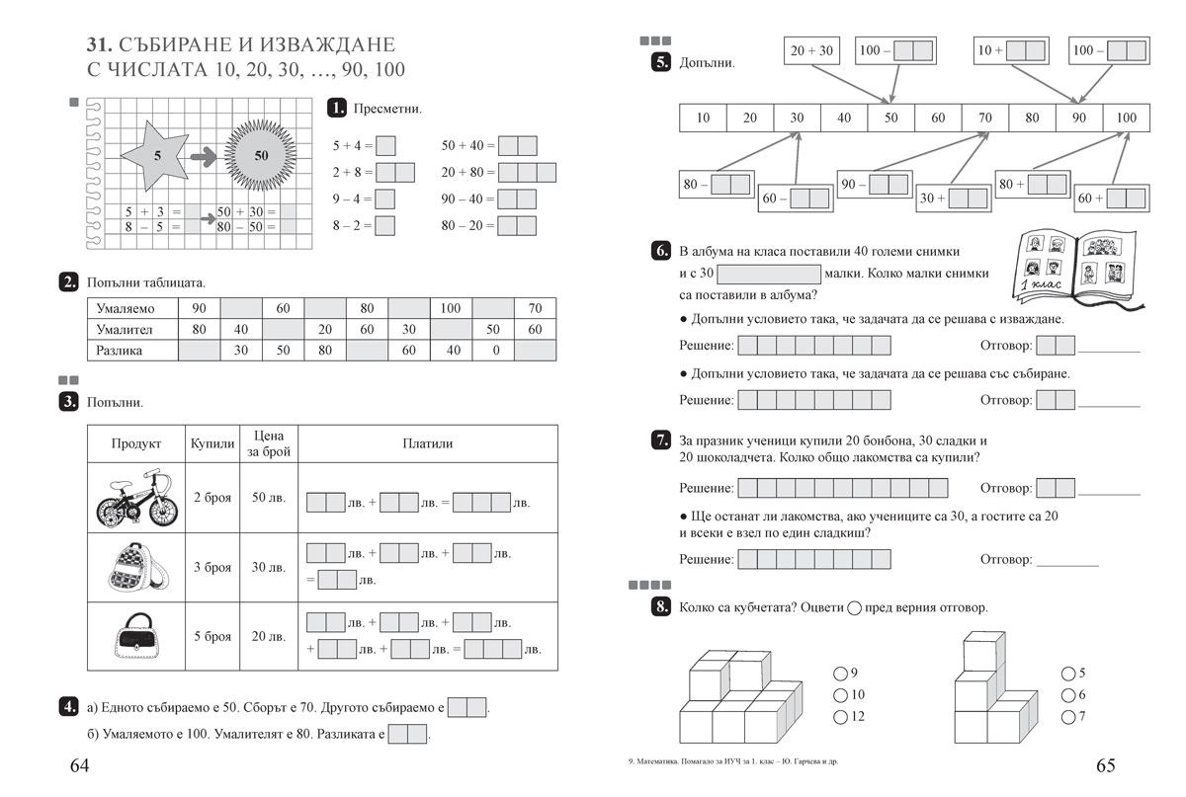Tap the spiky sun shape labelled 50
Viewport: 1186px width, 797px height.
(x=260, y=155)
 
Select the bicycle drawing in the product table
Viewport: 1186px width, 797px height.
(x=136, y=499)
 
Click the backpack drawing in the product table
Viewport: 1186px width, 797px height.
(x=136, y=567)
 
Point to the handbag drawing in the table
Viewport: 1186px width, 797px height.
(x=136, y=636)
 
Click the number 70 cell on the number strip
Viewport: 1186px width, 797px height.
(x=984, y=118)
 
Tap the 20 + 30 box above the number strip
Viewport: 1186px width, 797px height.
(x=811, y=50)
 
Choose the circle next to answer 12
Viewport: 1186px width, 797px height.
(x=840, y=716)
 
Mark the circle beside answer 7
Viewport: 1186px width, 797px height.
(x=1067, y=716)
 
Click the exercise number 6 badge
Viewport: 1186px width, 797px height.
(x=661, y=251)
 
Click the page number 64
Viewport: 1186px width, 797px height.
(x=79, y=765)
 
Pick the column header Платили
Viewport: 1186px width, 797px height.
(x=427, y=443)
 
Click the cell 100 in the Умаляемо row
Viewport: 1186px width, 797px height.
(x=451, y=308)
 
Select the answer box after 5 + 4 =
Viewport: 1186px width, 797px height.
(x=386, y=146)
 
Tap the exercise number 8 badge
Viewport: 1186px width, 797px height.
(x=661, y=606)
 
